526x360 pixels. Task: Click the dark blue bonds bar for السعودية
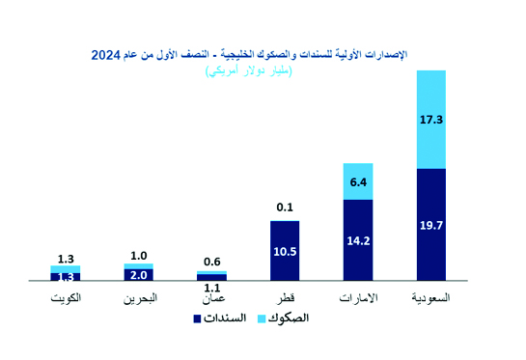(430, 224)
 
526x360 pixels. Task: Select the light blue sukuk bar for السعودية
(430, 119)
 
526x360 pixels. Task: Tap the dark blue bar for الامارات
(358, 239)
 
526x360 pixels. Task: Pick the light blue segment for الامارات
(358, 181)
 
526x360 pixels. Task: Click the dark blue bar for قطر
(285, 251)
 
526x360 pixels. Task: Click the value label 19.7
(430, 225)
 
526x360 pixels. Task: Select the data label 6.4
(358, 181)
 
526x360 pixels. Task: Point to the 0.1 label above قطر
(285, 207)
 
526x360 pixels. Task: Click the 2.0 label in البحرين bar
(139, 274)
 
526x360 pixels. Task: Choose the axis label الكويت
(65, 298)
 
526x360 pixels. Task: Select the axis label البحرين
(139, 298)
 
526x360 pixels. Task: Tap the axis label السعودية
(430, 298)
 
